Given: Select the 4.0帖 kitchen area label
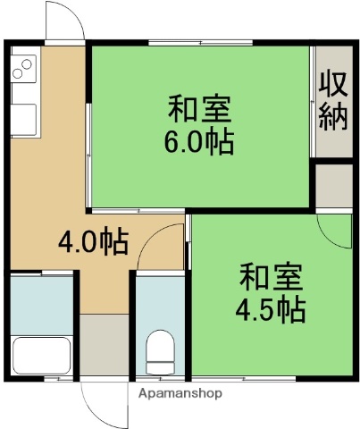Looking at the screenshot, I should click(93, 241).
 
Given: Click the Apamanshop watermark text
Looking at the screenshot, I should click(180, 392).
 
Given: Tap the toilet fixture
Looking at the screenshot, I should click(161, 351).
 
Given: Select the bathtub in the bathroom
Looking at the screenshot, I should click(41, 355).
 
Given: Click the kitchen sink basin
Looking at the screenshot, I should click(24, 118).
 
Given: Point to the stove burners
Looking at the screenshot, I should click(24, 66).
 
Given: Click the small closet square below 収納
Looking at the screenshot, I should click(334, 185).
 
